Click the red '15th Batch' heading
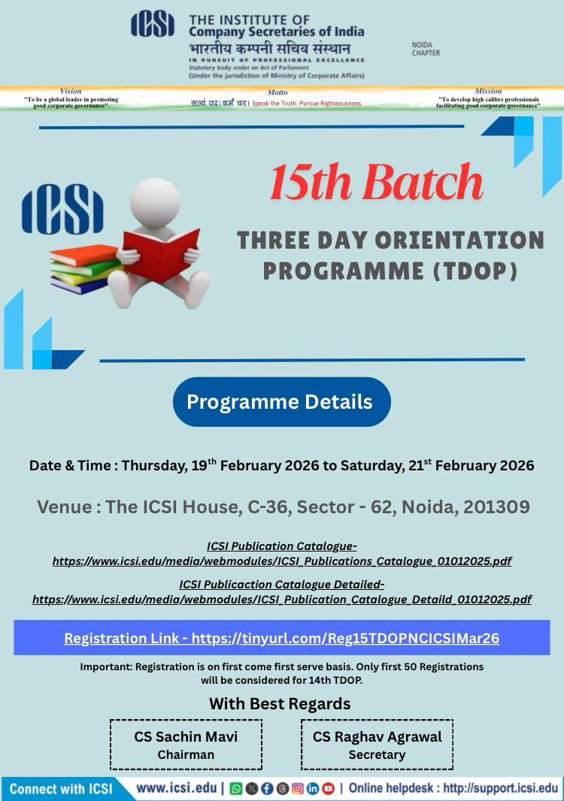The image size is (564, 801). coord(376,183)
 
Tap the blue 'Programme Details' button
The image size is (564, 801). coord(282,401)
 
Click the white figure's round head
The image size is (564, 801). coord(155,201)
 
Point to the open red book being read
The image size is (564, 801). coord(162,255)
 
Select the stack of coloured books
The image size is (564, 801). coord(84,269)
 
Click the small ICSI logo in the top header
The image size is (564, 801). coord(153,24)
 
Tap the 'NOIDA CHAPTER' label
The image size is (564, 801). coord(426,49)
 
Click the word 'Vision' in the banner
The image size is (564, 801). coord(71,91)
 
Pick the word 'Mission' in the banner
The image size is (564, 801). coord(488,91)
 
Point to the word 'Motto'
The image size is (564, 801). coord(277,92)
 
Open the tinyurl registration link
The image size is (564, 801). coord(345,638)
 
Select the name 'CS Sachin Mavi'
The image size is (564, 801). coord(186,736)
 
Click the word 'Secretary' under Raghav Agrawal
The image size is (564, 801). coord(377,754)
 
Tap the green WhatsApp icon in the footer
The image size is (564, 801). coord(236,788)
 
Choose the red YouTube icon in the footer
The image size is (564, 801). coord(329,788)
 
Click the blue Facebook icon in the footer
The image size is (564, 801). coord(267,788)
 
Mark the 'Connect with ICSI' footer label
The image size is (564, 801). coord(61,789)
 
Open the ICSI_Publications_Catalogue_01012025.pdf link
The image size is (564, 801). coord(282,561)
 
